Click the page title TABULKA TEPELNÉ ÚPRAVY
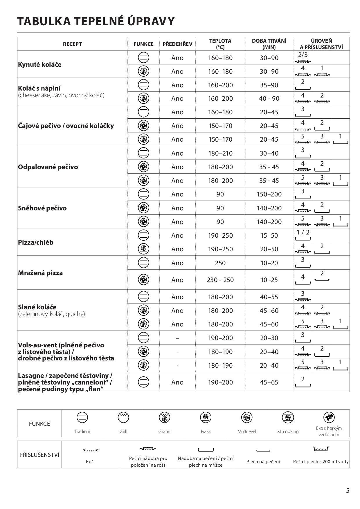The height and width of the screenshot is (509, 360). [96, 21]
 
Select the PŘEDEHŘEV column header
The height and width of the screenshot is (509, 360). [177, 44]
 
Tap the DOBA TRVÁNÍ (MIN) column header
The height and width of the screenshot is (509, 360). [269, 44]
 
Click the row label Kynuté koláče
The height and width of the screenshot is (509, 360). [40, 64]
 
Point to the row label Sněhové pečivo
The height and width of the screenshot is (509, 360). [42, 208]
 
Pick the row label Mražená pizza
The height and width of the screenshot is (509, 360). [40, 273]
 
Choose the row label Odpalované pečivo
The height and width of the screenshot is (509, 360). [48, 167]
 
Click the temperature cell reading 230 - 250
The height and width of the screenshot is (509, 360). [220, 280]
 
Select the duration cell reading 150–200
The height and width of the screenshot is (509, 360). [269, 194]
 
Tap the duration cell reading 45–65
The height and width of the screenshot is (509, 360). [269, 382]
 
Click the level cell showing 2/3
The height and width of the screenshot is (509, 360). [303, 57]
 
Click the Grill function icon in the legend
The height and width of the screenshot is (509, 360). [123, 418]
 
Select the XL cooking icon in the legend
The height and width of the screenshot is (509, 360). [288, 418]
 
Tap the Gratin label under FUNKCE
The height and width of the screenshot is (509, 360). [164, 432]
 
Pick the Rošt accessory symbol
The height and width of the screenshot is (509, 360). [91, 450]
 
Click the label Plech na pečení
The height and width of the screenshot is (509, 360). [263, 462]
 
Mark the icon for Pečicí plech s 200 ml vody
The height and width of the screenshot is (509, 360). [321, 449]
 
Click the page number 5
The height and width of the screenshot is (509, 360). [348, 491]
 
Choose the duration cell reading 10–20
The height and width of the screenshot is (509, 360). [269, 263]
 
